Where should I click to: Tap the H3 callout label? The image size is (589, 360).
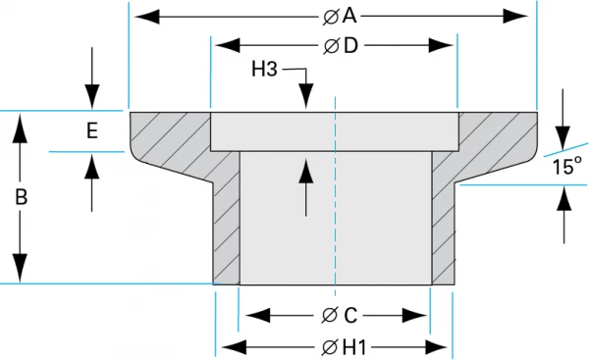tap(266, 70)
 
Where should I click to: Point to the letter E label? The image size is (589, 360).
tap(91, 131)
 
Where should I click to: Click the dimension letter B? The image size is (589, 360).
tap(22, 196)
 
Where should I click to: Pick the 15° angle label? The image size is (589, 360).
tap(566, 167)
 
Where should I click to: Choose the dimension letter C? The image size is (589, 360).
tap(350, 315)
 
